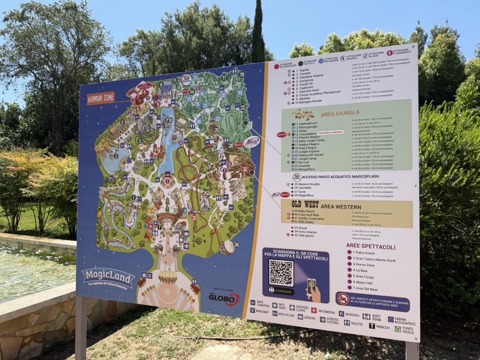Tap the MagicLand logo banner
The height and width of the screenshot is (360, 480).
(x=108, y=277)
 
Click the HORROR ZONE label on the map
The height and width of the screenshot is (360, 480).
(x=101, y=97)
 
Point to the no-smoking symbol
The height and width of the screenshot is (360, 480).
(x=343, y=298)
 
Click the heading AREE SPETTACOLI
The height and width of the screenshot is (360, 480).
(x=371, y=246)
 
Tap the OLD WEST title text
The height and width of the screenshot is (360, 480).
(x=305, y=204)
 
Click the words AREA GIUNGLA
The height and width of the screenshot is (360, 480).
(x=340, y=113)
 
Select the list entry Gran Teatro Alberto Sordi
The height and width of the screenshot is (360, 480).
(x=374, y=259)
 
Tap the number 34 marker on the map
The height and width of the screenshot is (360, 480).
(x=236, y=244)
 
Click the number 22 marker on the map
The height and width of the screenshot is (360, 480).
(x=242, y=108)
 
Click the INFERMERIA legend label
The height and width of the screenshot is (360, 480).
(x=326, y=311)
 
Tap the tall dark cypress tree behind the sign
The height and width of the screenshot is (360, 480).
(x=258, y=32)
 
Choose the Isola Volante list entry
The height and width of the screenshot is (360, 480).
(x=306, y=231)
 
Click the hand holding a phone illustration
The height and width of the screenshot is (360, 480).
(x=313, y=290)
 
